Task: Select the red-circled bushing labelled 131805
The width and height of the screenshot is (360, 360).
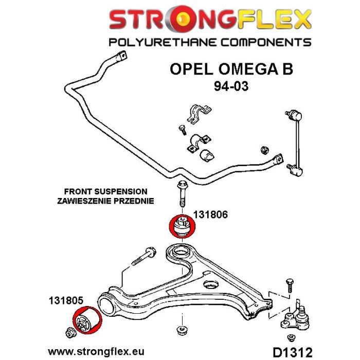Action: [x=86, y=323]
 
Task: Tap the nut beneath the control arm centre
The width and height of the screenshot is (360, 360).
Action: [x=181, y=329]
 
